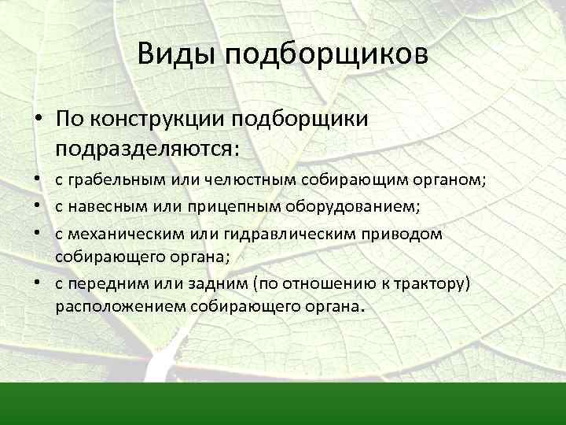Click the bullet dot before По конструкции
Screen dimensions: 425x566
[38, 119]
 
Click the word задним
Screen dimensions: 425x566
[197, 283]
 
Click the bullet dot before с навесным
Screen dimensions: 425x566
[38, 208]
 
